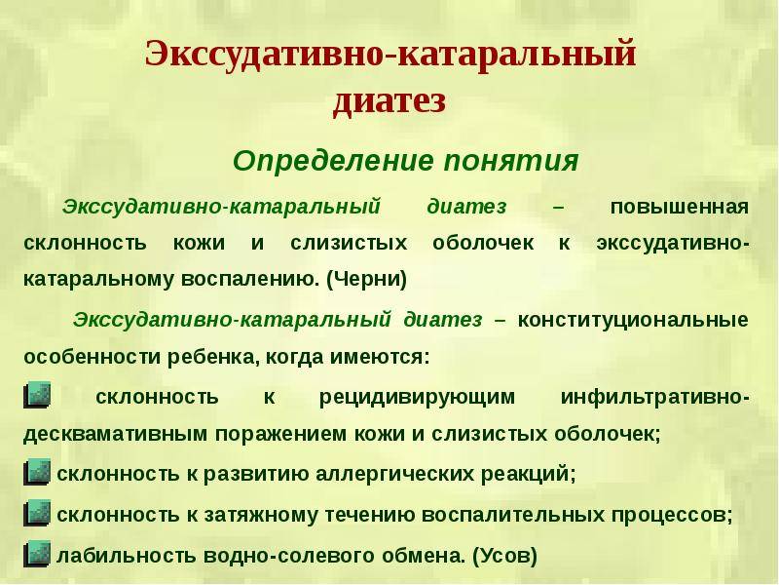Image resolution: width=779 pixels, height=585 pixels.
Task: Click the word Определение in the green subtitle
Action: [333, 162]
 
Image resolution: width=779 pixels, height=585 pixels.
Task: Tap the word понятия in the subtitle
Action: [512, 162]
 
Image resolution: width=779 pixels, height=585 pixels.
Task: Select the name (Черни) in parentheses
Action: [367, 279]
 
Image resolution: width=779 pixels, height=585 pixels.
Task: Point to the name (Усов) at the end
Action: [504, 556]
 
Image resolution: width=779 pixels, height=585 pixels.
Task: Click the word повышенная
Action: [679, 207]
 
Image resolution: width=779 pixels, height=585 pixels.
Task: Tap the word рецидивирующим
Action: [417, 398]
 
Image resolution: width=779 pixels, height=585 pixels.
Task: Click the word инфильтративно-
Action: [654, 398]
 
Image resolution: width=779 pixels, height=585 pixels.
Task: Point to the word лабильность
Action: [127, 555]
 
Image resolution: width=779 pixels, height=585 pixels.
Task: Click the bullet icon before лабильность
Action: [37, 554]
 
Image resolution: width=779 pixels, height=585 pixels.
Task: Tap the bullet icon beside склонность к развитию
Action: [37, 472]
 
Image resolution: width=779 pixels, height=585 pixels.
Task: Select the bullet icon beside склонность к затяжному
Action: [37, 513]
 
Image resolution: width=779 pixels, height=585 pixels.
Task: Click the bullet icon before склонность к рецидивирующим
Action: [37, 396]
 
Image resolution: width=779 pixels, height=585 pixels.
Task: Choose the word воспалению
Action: [250, 280]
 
